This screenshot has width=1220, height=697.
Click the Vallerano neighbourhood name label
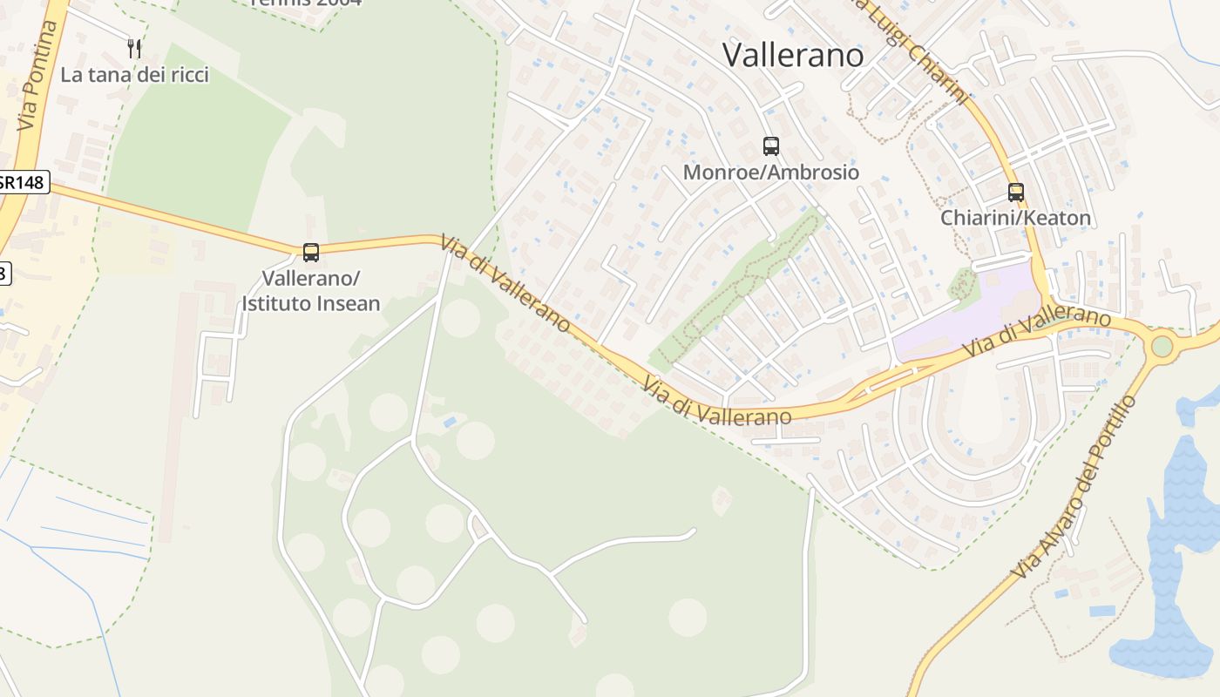(793, 55)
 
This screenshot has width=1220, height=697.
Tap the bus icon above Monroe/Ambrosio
(770, 145)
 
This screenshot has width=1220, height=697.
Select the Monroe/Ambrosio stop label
(770, 172)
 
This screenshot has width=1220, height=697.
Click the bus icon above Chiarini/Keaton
(1015, 192)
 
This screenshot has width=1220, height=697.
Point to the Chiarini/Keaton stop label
(1015, 218)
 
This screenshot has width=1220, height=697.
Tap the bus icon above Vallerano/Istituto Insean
(311, 253)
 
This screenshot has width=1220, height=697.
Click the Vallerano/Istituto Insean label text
(311, 291)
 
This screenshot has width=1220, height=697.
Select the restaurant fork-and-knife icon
(134, 48)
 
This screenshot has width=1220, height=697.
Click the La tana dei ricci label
(134, 75)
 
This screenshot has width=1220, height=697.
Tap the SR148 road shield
(24, 182)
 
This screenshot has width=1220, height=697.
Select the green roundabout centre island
(1162, 346)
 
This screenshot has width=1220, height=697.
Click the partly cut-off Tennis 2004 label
(305, 3)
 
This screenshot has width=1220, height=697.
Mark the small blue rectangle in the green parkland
(449, 422)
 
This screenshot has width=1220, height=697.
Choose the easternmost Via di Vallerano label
(1037, 331)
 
